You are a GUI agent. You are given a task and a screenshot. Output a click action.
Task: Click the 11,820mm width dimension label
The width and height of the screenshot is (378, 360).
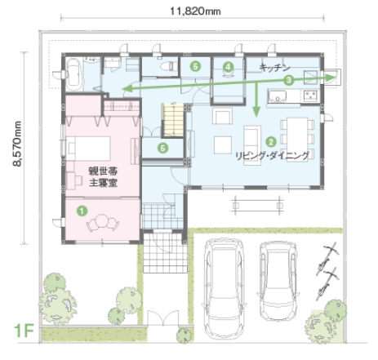pyautogui.click(x=195, y=11)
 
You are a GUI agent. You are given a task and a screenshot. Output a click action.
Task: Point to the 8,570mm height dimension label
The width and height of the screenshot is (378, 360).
pyautogui.click(x=17, y=144)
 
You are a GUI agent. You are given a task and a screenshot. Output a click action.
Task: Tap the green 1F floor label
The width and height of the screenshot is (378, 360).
pyautogui.click(x=24, y=331)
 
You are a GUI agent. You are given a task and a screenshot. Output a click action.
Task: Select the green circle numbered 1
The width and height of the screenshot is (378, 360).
pyautogui.click(x=82, y=211)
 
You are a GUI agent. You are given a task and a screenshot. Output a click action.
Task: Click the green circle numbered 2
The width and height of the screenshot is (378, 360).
pyautogui.click(x=271, y=141)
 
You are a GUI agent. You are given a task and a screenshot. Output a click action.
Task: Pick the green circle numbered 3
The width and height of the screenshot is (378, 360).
pyautogui.click(x=288, y=80)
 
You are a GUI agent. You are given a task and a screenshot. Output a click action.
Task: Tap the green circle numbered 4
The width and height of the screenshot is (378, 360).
pyautogui.click(x=228, y=66)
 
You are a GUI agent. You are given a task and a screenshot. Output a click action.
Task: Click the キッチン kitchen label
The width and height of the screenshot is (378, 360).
pyautogui.click(x=275, y=68)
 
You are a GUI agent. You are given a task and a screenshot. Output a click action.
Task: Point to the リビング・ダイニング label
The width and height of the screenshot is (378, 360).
pyautogui.click(x=272, y=156)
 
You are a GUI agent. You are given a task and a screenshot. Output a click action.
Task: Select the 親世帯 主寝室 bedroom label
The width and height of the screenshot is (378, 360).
pyautogui.click(x=103, y=177)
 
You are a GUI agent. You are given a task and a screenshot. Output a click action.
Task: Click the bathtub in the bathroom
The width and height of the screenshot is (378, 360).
pyautogui.click(x=73, y=75)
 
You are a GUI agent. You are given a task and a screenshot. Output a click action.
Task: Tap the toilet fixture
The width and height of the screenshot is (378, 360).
pyautogui.click(x=169, y=66)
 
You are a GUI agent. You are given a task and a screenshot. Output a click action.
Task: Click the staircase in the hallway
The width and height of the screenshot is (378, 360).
pyautogui.click(x=173, y=120)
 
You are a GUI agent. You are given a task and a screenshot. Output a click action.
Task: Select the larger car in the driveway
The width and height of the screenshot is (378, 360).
pyautogui.click(x=224, y=287)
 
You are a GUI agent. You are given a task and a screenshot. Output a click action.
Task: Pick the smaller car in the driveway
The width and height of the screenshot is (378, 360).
pyautogui.click(x=278, y=281)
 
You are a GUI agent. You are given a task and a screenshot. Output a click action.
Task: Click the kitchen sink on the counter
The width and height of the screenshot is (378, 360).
pyautogui.click(x=277, y=96)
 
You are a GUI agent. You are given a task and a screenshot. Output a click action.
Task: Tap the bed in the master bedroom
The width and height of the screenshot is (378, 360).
pyautogui.click(x=88, y=149)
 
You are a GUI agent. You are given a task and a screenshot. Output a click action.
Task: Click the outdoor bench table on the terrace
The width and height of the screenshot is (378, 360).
pyautogui.click(x=257, y=206)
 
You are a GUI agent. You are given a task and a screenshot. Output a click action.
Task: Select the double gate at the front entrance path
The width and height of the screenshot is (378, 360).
pyautogui.click(x=163, y=318)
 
